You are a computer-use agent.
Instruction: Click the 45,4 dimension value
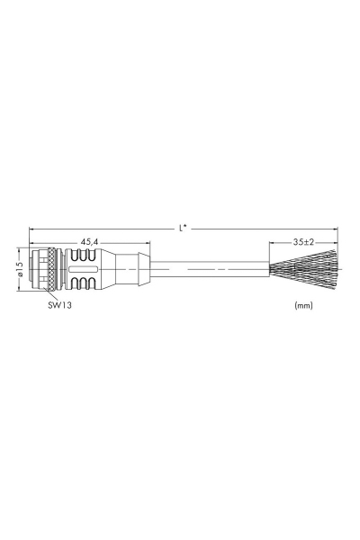tap(89, 242)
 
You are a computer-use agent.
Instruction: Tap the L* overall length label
tap(183, 228)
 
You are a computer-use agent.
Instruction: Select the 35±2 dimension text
tap(304, 242)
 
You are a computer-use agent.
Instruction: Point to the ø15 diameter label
tap(19, 268)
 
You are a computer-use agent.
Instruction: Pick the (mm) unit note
tap(303, 305)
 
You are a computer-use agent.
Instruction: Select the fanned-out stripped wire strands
tap(306, 268)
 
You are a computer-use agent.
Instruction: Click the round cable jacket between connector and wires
tap(207, 268)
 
